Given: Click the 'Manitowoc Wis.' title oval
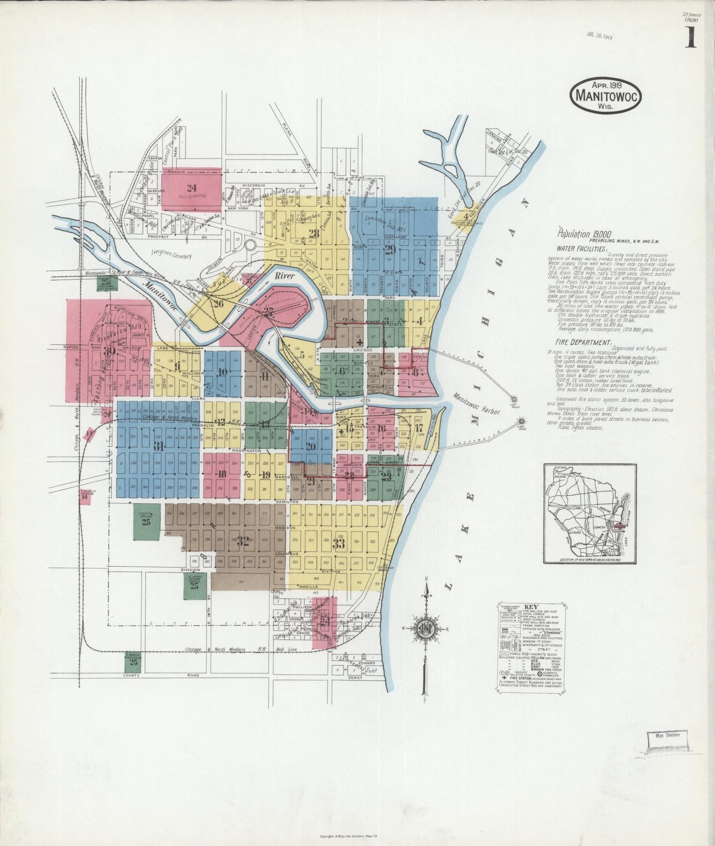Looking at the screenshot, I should tap(605, 96).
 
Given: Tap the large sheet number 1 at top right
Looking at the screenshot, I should tap(690, 38).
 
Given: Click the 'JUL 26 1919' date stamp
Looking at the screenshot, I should tap(599, 35).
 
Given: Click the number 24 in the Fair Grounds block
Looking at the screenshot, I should tap(191, 188).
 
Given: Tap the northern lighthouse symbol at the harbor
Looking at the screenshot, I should tap(514, 398).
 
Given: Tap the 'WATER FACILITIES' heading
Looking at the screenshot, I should tap(581, 249).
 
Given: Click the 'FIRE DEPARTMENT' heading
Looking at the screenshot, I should tap(582, 343).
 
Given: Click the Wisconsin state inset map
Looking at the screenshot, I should tap(590, 513).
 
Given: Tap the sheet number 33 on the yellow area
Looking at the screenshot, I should tap(338, 544).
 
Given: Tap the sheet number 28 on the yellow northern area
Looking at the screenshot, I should tap(313, 234).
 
